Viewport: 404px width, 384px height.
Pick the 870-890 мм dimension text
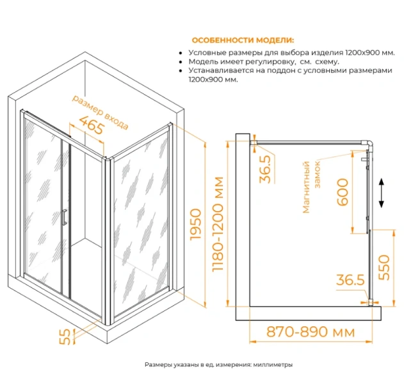302,333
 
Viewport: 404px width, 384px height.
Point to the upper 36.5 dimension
266,168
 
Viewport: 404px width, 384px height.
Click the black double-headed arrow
382,192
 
